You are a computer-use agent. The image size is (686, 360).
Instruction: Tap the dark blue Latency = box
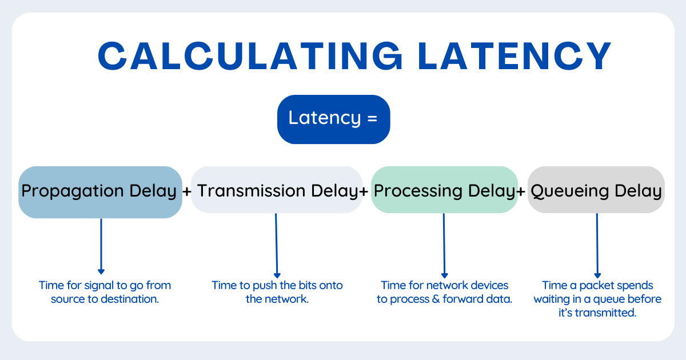333,119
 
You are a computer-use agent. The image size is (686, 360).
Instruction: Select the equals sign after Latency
372,119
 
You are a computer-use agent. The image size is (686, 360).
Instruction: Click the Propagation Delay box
100,191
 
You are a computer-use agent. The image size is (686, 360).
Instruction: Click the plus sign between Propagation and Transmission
187,192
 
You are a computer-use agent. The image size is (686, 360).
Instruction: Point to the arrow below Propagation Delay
101,246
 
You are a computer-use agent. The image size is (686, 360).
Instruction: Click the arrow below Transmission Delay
277,246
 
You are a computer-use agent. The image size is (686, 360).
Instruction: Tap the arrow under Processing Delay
444,246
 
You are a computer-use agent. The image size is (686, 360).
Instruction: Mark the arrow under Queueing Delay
597,246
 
